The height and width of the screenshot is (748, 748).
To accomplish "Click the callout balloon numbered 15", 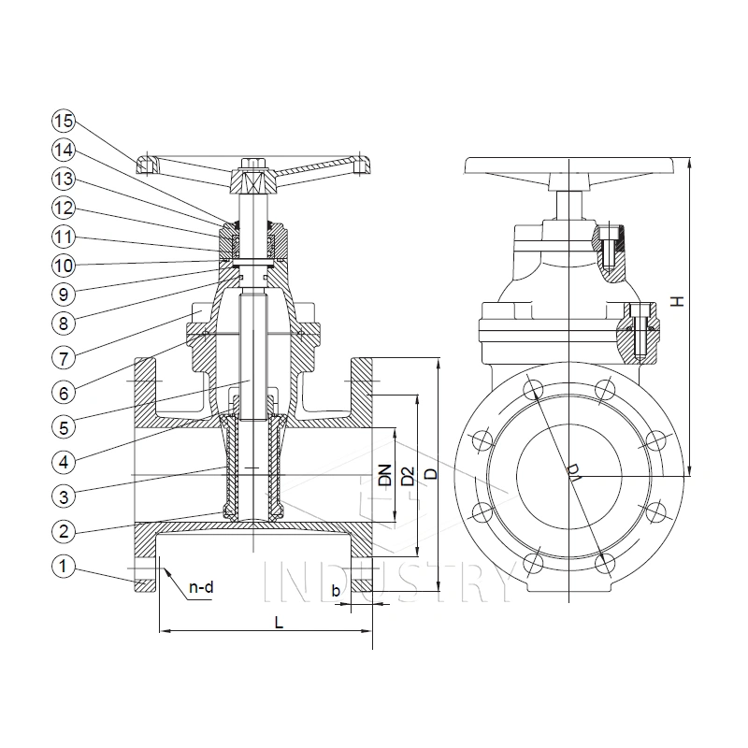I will click(x=63, y=121).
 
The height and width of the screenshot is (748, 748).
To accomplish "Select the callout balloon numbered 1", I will click(x=63, y=565).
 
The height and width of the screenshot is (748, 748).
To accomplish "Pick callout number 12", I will click(x=63, y=207).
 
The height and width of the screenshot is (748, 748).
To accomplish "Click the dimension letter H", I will click(x=679, y=301).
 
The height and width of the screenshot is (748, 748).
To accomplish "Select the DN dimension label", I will click(x=385, y=474).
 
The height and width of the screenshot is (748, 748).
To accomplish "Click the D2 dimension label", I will click(x=407, y=475).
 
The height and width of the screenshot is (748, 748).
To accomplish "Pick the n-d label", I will click(x=202, y=588).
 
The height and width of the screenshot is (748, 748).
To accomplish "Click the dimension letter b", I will click(x=336, y=590).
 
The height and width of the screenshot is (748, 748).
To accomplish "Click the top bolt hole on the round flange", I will click(x=532, y=387).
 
